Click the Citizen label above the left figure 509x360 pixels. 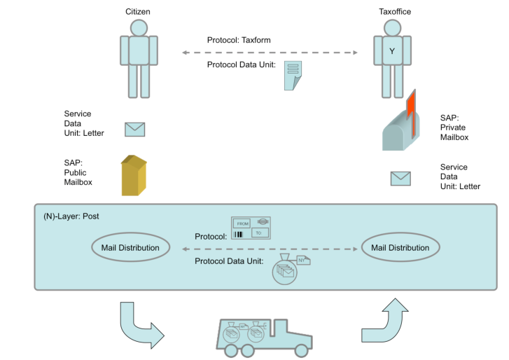click(138, 12)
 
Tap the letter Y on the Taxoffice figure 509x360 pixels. click(392, 51)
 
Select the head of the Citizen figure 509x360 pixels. click(139, 28)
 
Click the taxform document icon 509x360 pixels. click(293, 76)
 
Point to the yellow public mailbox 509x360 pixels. click(134, 175)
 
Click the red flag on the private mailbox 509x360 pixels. click(411, 113)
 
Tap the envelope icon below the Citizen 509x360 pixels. click(134, 130)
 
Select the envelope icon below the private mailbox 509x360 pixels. click(400, 179)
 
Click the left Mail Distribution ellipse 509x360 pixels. click(131, 247)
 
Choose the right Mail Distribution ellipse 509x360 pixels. click(400, 247)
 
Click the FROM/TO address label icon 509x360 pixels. click(251, 228)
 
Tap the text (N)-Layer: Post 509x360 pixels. click(71, 216)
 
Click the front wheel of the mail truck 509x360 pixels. click(301, 351)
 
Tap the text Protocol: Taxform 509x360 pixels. click(239, 40)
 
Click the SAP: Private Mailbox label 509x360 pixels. click(454, 127)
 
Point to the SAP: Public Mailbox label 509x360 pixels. click(78, 172)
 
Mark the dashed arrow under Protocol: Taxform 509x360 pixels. click(270, 53)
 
